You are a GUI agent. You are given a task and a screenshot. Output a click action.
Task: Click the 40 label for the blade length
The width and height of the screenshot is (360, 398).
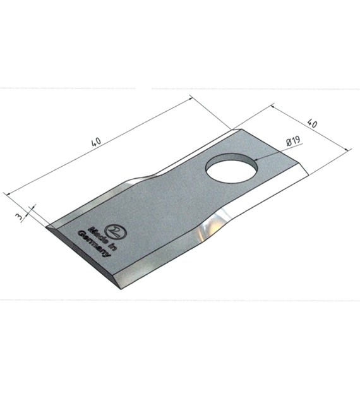[96, 142]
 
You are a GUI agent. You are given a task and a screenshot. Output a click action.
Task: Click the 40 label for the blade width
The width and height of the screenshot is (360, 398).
[312, 124]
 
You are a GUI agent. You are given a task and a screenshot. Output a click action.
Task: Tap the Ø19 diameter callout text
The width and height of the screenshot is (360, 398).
[293, 141]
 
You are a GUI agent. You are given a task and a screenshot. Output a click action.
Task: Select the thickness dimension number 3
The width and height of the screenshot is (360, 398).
[18, 217]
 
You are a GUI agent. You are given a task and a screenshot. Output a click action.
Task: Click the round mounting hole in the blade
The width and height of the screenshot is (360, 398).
[232, 167]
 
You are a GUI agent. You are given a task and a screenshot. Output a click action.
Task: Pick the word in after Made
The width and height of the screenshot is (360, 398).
[112, 245]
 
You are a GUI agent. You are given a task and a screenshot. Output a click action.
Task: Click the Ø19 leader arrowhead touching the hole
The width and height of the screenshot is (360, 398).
[257, 160]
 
